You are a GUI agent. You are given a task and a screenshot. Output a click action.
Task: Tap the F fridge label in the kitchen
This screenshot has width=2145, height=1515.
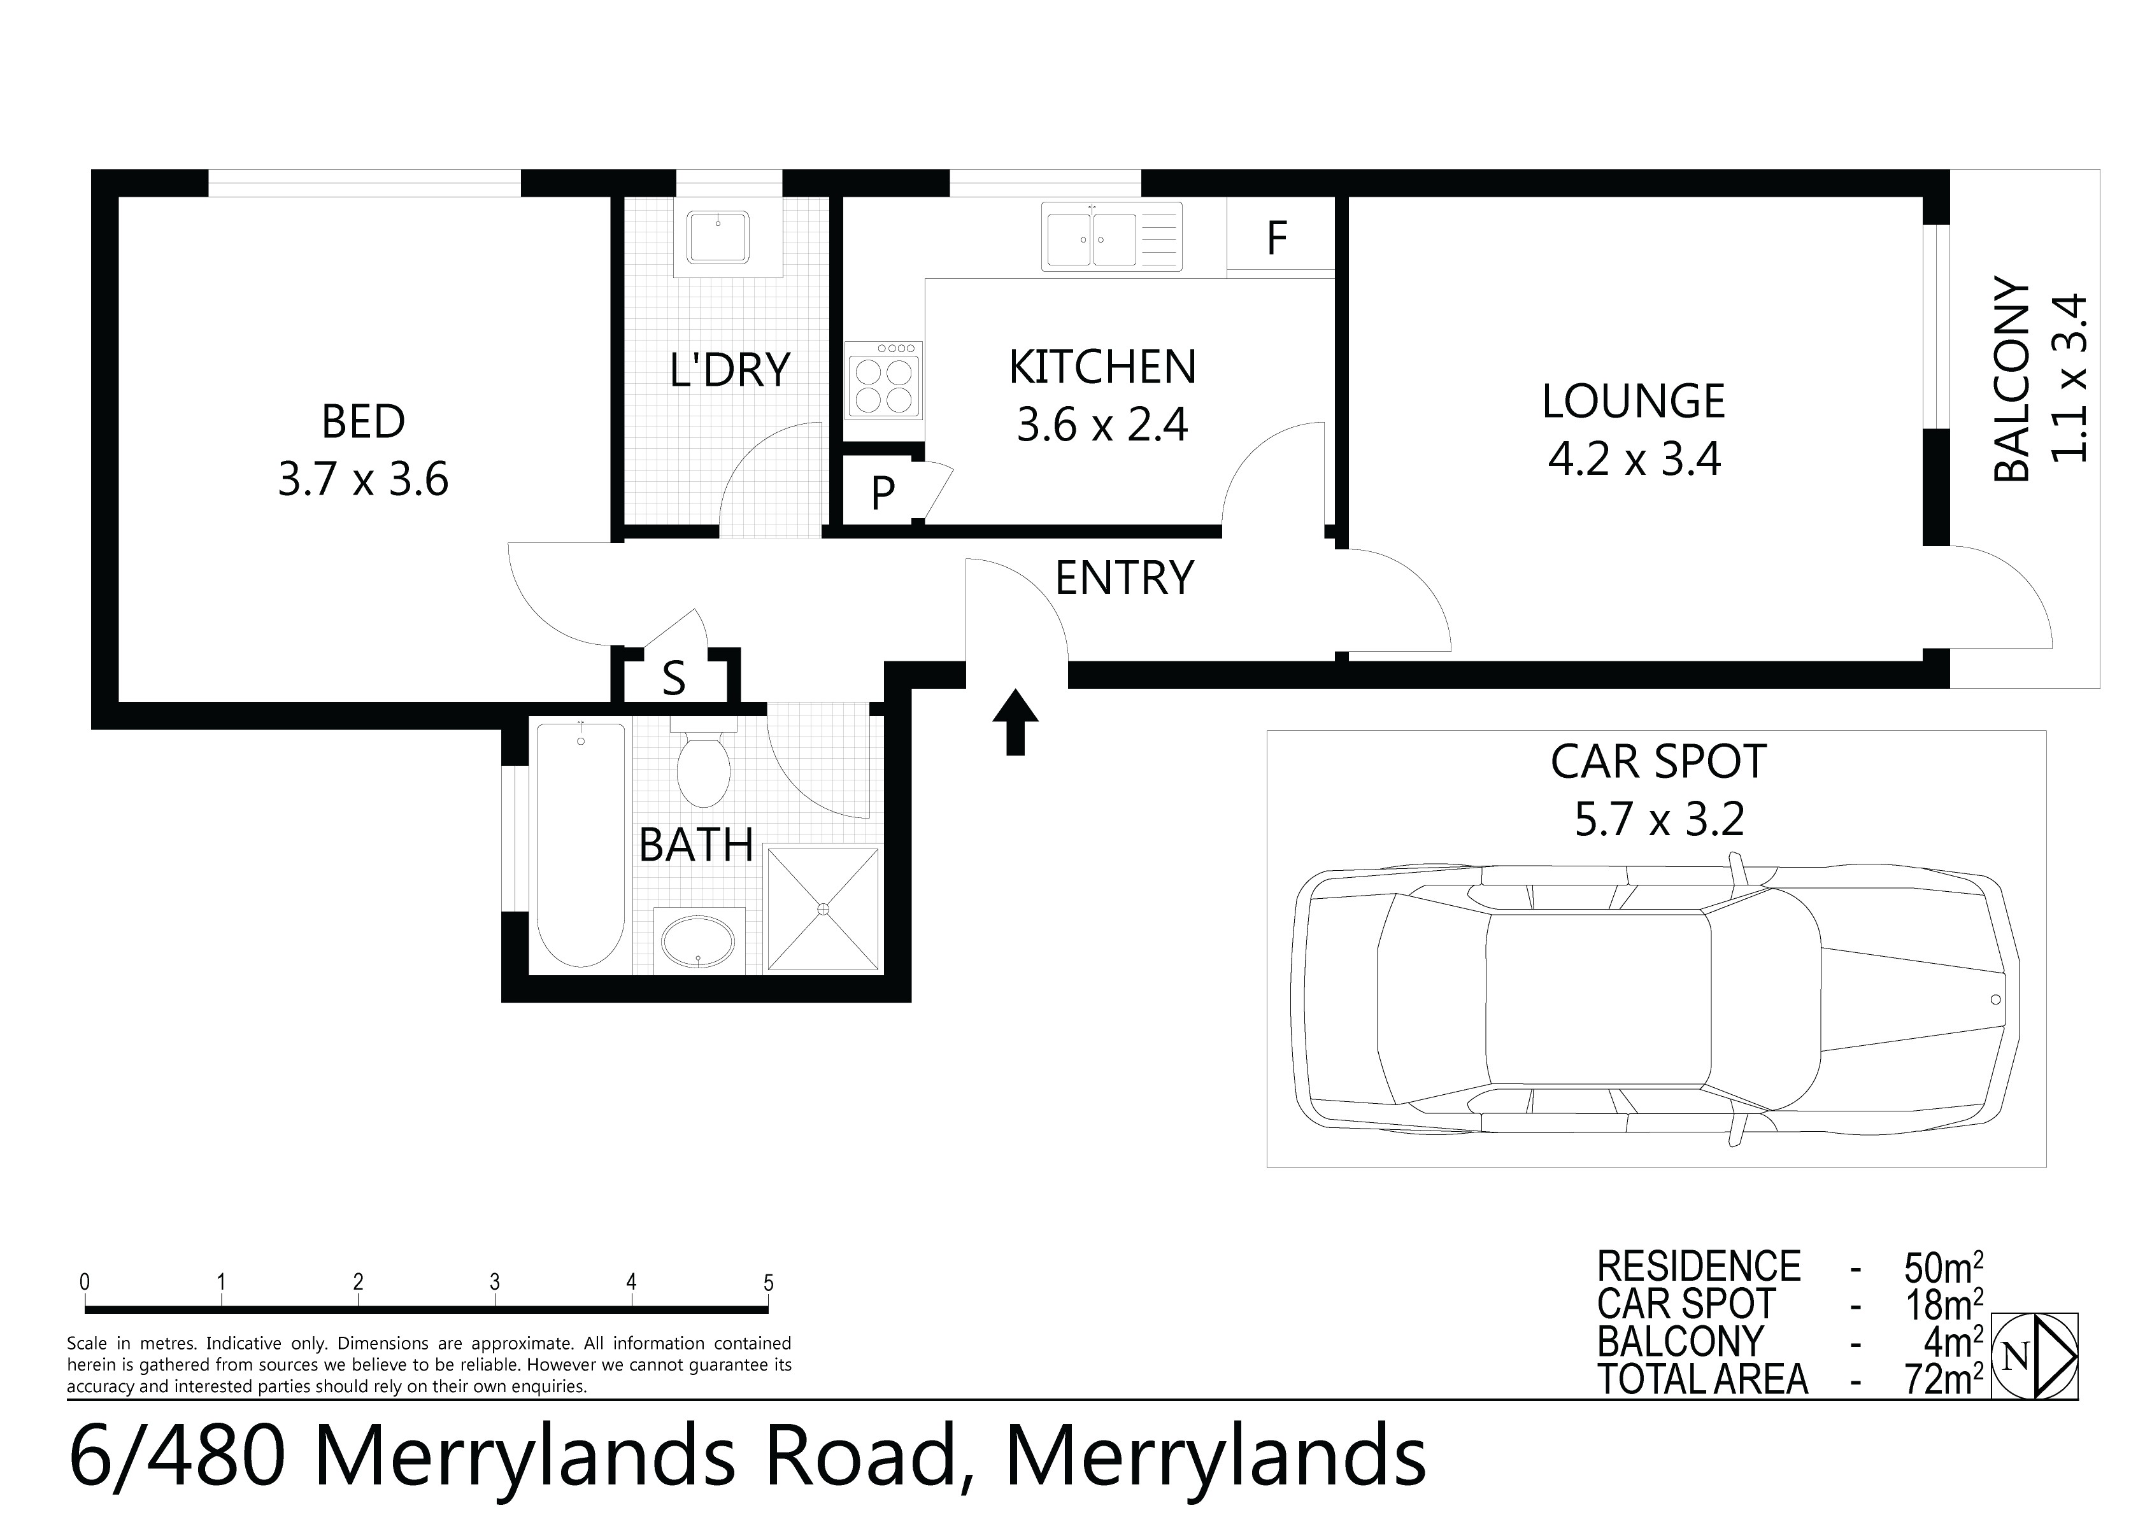pyautogui.click(x=1277, y=238)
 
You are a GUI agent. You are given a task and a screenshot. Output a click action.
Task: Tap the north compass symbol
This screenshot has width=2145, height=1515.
pyautogui.click(x=2035, y=1355)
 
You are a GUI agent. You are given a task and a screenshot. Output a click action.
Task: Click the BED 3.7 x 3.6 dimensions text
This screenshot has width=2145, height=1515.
pyautogui.click(x=364, y=479)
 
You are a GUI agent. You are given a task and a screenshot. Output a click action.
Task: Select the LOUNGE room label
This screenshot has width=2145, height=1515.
pyautogui.click(x=1633, y=402)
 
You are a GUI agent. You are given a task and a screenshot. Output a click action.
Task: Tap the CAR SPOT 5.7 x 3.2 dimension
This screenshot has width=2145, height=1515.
pyautogui.click(x=1659, y=819)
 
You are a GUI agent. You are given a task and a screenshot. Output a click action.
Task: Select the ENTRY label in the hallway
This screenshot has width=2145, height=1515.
pyautogui.click(x=1124, y=577)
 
